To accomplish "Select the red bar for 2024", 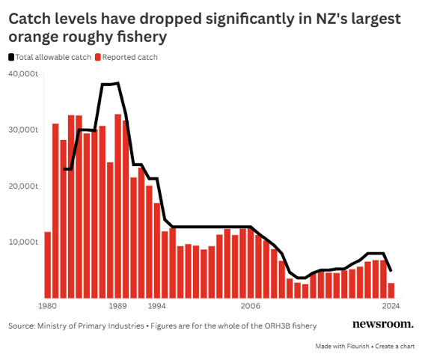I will pyautogui.click(x=391, y=290).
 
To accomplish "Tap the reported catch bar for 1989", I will pyautogui.click(x=118, y=206).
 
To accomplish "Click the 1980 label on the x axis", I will pyautogui.click(x=48, y=306).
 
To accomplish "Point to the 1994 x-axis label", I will pyautogui.click(x=156, y=306).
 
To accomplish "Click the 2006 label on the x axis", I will pyautogui.click(x=251, y=306).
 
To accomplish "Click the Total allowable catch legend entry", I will pyautogui.click(x=52, y=57).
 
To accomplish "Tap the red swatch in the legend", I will pyautogui.click(x=97, y=57).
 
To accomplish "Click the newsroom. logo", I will pyautogui.click(x=382, y=324).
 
